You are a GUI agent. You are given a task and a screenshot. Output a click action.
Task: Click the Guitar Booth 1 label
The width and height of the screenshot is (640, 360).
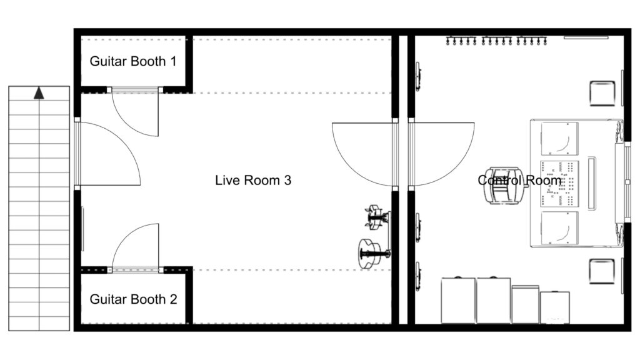click(x=133, y=61)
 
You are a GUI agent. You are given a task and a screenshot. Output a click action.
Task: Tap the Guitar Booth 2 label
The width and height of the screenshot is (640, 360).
click(x=134, y=299)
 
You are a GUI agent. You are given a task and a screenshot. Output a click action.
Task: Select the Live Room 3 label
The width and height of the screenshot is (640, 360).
click(x=253, y=180)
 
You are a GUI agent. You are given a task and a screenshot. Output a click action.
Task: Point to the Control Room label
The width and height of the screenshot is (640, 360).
click(x=519, y=180)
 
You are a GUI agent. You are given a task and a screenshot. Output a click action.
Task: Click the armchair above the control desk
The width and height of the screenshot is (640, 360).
click(x=602, y=94)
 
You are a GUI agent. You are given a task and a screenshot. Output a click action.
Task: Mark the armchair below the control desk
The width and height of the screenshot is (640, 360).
click(x=602, y=271)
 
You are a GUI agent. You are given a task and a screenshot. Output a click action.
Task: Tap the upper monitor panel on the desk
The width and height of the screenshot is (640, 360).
click(x=559, y=139)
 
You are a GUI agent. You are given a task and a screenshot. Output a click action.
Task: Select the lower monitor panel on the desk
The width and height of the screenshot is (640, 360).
click(x=559, y=227)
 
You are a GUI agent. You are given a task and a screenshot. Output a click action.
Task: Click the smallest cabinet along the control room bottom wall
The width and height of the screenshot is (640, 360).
click(x=555, y=307)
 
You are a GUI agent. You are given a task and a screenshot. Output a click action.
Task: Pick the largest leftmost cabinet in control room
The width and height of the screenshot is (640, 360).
click(x=458, y=301)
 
